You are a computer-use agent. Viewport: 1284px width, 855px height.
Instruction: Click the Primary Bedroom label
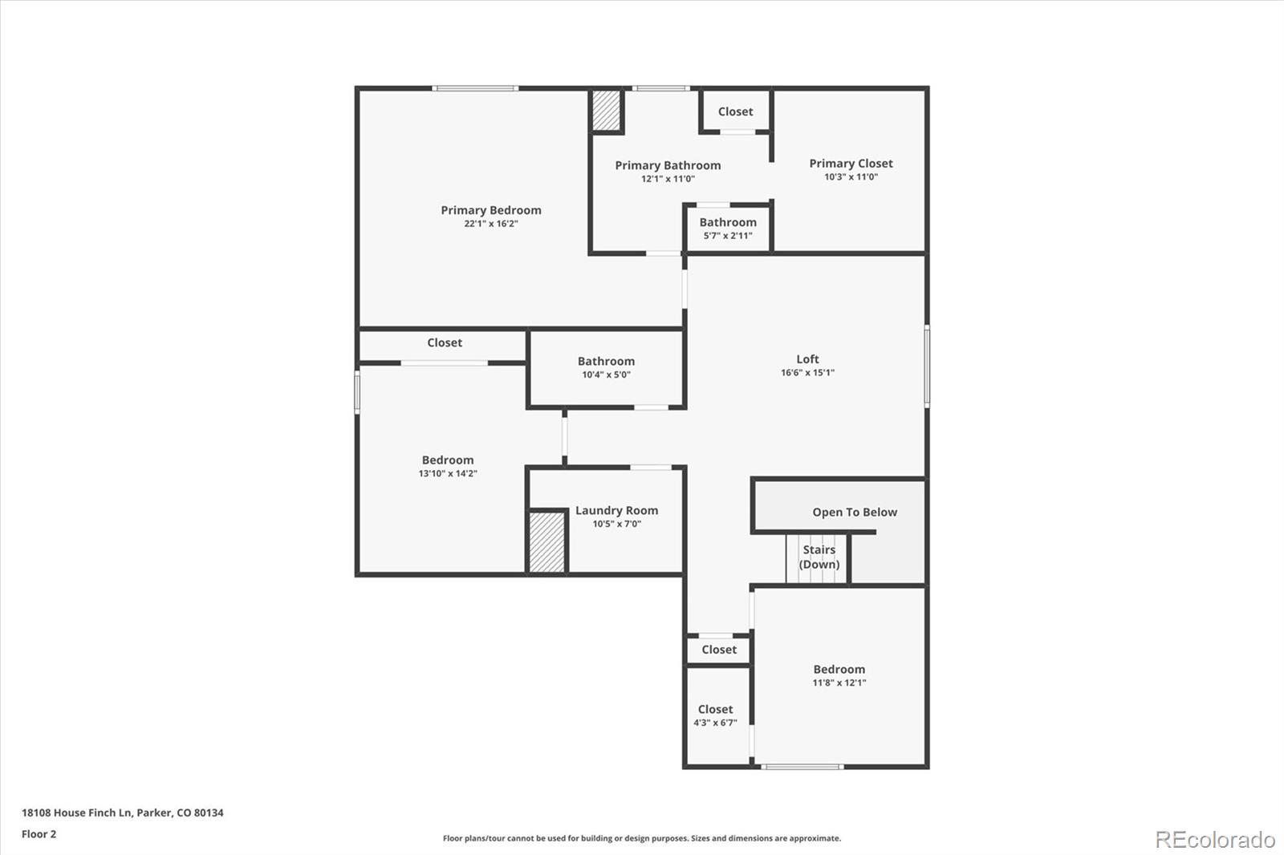tap(490, 210)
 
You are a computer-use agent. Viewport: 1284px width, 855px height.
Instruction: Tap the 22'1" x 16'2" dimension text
tap(490, 224)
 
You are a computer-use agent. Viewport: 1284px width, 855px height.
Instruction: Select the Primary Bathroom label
tap(668, 165)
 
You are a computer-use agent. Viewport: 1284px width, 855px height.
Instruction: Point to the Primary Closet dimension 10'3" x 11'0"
tap(851, 177)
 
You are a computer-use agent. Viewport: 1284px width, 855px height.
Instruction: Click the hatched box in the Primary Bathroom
tap(607, 111)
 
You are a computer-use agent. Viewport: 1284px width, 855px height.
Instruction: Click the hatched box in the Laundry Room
tap(547, 541)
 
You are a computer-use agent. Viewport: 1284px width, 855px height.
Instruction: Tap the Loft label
tap(807, 359)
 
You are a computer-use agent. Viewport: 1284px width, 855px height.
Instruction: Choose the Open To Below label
tap(854, 512)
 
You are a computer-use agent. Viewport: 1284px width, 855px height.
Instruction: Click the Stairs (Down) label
tap(819, 557)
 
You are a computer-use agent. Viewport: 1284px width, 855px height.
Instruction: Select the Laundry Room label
tap(616, 510)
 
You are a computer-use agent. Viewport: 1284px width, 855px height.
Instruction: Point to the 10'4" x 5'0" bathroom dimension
tap(606, 375)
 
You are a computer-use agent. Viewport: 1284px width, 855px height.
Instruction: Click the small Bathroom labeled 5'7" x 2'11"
tap(728, 222)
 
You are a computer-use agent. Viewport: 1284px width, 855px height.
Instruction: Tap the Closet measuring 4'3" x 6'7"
tap(715, 709)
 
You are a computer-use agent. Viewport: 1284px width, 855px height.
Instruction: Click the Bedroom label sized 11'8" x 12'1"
tap(839, 669)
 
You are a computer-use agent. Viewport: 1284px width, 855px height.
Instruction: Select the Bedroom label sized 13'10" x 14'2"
tap(448, 460)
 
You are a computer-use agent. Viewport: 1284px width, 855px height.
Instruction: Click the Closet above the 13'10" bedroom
tap(445, 342)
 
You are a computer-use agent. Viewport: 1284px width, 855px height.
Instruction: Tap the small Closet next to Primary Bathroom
tap(735, 111)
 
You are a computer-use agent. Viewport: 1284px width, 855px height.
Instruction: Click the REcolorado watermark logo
tap(1214, 840)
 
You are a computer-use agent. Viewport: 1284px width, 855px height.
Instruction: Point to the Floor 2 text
tap(39, 834)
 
